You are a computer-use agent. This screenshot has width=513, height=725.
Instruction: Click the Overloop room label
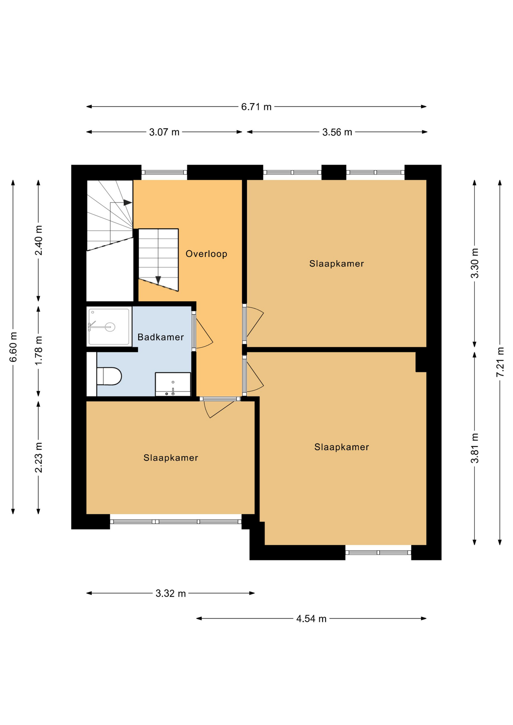pos(206,254)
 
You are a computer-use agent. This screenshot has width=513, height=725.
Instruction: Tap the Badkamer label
pos(161,337)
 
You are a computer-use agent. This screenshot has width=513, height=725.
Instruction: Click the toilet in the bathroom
pos(109,376)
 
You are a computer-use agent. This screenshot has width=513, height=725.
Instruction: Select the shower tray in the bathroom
pos(109,327)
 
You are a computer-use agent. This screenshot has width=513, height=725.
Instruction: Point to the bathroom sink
pos(173,384)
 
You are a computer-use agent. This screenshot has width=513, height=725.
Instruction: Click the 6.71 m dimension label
pos(256,107)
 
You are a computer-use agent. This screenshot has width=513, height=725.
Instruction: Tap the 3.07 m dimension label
pos(164,132)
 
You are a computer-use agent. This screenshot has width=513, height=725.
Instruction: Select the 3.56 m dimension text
pos(337,132)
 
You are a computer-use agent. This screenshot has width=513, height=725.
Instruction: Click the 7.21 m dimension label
pos(500,362)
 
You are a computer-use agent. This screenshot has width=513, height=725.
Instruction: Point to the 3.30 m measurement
pos(475,263)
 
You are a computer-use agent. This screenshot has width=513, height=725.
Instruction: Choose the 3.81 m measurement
pos(475,448)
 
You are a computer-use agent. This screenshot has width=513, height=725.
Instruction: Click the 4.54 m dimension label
pos(311,619)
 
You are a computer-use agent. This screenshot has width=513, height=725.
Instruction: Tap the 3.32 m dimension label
pos(171,594)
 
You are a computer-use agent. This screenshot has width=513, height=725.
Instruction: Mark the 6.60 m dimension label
pos(13,347)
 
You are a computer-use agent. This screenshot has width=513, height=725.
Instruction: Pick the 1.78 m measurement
pos(39,350)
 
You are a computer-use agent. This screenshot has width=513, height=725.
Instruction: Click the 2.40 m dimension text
pos(39,240)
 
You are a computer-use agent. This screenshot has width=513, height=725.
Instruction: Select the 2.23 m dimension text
pos(39,457)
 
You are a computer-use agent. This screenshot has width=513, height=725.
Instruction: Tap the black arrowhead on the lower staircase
pos(158,280)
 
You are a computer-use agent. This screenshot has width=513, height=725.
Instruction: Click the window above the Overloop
pos(164,173)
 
